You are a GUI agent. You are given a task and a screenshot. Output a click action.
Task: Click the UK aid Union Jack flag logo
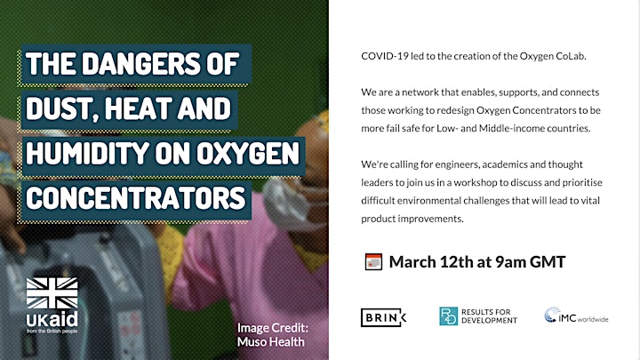coord(52,293)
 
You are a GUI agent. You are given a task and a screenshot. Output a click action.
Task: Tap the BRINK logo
coord(383,317)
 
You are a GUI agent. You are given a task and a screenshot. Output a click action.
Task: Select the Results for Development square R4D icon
coord(449,316)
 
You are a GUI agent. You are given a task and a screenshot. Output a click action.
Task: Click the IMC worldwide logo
coord(576,316)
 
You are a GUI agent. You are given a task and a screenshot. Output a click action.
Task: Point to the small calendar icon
coord(373,262)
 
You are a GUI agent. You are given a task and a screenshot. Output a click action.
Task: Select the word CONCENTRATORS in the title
coord(135,197)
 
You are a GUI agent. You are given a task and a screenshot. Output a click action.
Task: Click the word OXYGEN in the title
coord(248,153)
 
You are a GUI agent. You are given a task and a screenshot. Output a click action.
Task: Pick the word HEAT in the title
coord(138,108)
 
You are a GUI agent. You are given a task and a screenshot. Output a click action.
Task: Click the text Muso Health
coord(270,341)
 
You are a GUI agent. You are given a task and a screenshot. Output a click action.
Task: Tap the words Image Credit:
coord(273,328)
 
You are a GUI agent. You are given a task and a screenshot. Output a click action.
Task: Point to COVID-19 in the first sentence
coord(385,56)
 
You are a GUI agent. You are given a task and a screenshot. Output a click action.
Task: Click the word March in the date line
coord(412,262)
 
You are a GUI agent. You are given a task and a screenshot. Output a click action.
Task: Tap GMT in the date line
coord(548,262)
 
